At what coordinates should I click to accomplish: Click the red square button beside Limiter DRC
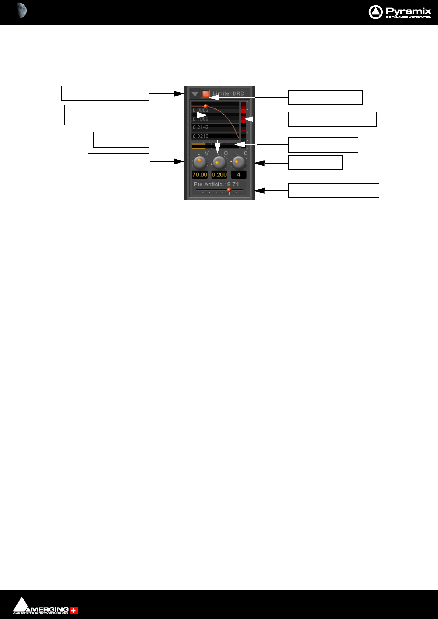206,94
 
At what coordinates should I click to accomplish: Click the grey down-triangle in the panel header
195,94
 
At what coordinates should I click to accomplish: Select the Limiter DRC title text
228,94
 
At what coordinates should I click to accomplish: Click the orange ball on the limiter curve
206,106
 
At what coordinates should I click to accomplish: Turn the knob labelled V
200,161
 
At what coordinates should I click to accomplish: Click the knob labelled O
219,162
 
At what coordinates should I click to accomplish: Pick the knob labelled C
239,162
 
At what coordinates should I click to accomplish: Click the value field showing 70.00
200,175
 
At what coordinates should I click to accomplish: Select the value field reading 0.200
219,175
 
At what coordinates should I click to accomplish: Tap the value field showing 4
239,175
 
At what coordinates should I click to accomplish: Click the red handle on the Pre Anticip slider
229,190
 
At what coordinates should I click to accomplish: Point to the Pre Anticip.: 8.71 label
216,184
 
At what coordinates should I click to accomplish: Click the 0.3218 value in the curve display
201,136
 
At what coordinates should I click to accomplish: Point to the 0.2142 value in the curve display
201,127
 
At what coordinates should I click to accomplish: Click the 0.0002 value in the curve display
201,110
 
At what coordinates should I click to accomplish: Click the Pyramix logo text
408,11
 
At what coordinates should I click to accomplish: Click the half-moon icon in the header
22,10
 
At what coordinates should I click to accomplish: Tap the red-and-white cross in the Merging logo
74,611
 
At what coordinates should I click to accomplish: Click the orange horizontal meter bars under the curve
199,146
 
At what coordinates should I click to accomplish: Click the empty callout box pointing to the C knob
315,162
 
